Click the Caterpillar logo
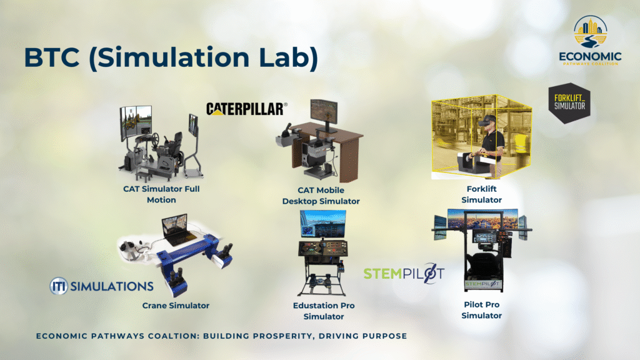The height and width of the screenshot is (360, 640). pyautogui.click(x=246, y=109)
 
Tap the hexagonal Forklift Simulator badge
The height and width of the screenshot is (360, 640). pyautogui.click(x=569, y=103)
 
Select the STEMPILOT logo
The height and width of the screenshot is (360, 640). pyautogui.click(x=404, y=273)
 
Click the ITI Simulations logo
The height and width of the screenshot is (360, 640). pyautogui.click(x=102, y=286)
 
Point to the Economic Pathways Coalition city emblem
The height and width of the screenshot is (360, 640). pyautogui.click(x=590, y=31)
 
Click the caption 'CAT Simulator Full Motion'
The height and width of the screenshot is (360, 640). pyautogui.click(x=161, y=194)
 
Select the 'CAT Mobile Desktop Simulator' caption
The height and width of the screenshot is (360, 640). pyautogui.click(x=321, y=196)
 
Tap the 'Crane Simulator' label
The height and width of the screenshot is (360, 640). pyautogui.click(x=176, y=305)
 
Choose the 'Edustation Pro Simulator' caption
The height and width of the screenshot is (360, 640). pyautogui.click(x=324, y=311)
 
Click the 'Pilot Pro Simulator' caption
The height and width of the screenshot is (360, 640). pyautogui.click(x=482, y=310)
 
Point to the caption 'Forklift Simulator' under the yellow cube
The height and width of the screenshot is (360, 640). pyautogui.click(x=482, y=194)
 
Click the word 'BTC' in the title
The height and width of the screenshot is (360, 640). pyautogui.click(x=51, y=57)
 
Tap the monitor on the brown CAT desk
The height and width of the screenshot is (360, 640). pyautogui.click(x=324, y=112)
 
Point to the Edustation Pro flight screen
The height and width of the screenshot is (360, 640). pyautogui.click(x=323, y=224)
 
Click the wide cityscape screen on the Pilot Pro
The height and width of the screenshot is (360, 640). pyautogui.click(x=483, y=219)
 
